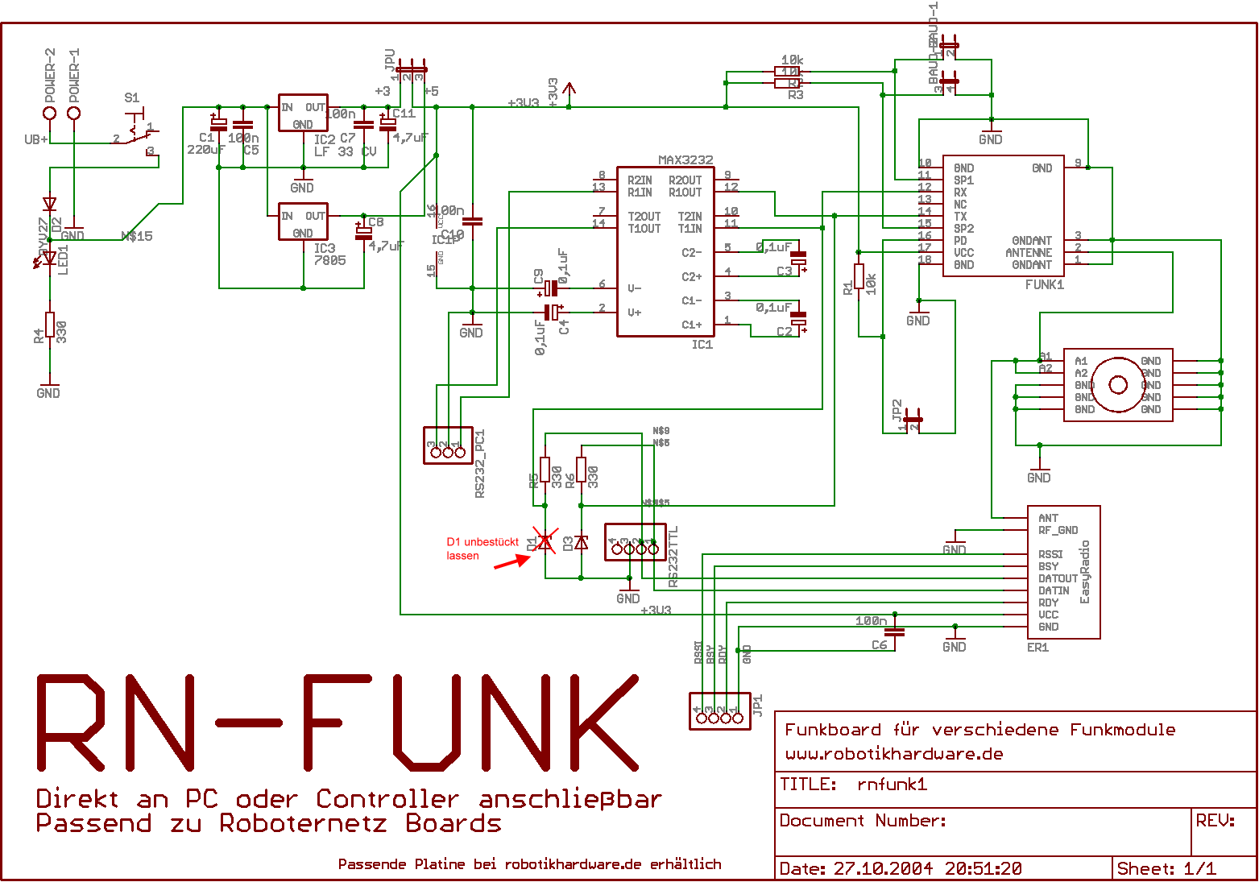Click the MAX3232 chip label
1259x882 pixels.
coord(685,160)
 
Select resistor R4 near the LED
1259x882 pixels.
coord(50,325)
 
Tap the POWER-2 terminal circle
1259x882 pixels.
coord(50,113)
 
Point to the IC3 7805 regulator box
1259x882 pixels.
coord(303,222)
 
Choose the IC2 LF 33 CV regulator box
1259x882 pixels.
coord(303,113)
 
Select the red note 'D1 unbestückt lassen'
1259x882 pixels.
coord(482,549)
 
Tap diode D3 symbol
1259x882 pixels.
coord(581,542)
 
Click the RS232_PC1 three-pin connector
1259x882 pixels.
coord(448,445)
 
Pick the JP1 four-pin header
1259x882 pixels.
coord(719,711)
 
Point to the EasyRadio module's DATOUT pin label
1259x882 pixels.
coord(1058,578)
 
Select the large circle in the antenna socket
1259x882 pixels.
coord(1118,385)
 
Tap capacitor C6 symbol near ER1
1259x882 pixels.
coord(895,633)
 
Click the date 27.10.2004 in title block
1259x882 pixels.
coord(883,868)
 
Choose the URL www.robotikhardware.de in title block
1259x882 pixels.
coord(894,755)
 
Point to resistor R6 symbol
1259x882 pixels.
coord(581,470)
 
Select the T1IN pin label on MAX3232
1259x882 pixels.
coord(690,229)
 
